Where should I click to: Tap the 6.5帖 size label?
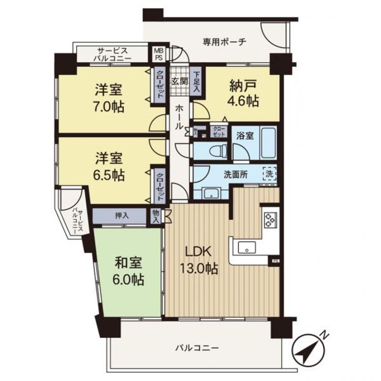click(108, 175)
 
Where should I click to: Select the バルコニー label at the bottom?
click(197, 348)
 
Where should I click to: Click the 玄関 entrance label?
click(179, 81)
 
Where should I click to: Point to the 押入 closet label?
click(122, 215)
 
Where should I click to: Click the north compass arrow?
click(310, 349)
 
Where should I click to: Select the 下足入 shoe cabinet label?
click(197, 81)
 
